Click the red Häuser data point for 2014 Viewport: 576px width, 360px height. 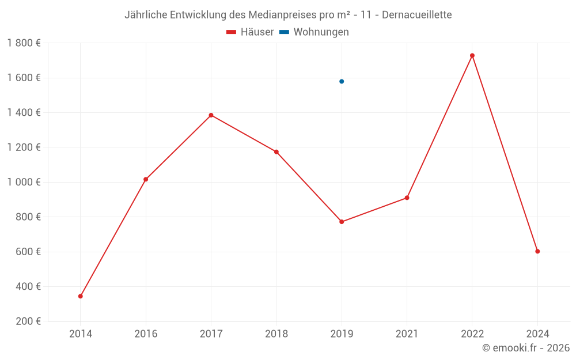pos(81,296)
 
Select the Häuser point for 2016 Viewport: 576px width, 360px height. pos(146,179)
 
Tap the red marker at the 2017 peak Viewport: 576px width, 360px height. pos(211,115)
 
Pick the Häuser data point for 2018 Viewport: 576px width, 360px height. pos(276,152)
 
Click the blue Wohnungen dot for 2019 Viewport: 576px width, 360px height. pos(342,81)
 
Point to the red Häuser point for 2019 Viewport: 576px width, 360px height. pos(342,222)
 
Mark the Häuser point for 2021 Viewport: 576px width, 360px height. pos(407,198)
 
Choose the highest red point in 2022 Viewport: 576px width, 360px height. pos(472,55)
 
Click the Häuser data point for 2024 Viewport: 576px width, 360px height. pos(537,251)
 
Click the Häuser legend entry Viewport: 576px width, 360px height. pos(250,32)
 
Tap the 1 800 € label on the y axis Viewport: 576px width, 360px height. pos(24,43)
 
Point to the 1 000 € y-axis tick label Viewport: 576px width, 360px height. pos(24,182)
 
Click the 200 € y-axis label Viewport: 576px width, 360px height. pos(27,321)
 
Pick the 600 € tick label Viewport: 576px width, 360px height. pos(27,252)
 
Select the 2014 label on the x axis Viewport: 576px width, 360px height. pos(81,334)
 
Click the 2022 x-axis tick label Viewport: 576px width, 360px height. pos(472,334)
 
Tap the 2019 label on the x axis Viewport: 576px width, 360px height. pos(342,334)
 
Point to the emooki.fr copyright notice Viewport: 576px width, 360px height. pos(525,348)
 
